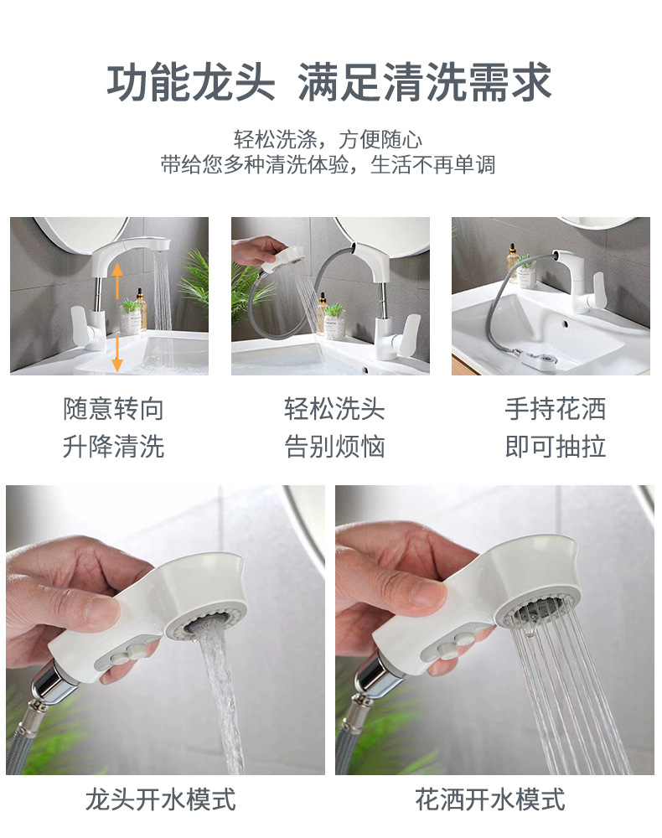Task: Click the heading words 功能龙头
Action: (190, 83)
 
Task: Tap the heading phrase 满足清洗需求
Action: (425, 83)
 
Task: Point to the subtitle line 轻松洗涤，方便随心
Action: (328, 139)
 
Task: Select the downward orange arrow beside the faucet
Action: (117, 351)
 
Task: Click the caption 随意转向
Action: (113, 409)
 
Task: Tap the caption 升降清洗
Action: (113, 446)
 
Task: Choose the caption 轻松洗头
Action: (334, 409)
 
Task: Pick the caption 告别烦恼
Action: (334, 446)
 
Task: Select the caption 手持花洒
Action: (555, 409)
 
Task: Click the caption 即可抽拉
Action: (555, 446)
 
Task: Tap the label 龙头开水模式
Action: (160, 799)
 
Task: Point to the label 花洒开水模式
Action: (490, 799)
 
